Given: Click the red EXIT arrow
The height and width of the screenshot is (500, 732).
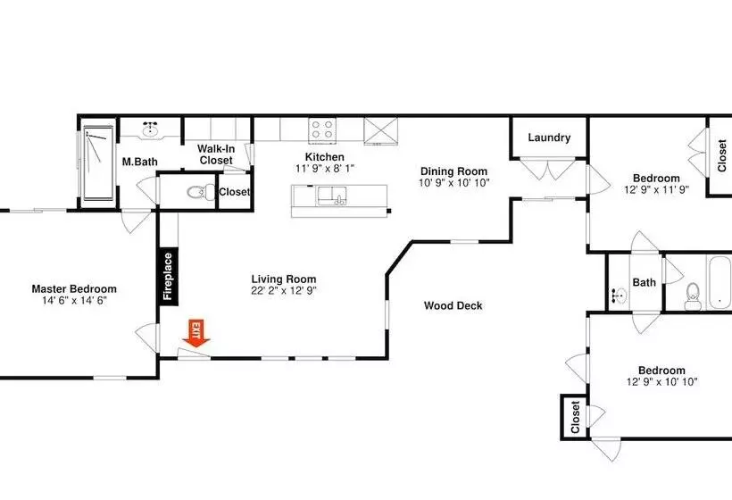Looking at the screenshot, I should coord(195,333).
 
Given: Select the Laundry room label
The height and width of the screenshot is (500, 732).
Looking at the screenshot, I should coord(549,137).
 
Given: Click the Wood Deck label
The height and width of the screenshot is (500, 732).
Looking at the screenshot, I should coord(453,306).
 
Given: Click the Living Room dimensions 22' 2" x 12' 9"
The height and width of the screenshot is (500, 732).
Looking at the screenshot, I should coord(284,291).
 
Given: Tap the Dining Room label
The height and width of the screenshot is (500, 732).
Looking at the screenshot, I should coord(454,171).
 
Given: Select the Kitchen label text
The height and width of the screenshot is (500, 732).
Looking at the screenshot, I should coord(324,155).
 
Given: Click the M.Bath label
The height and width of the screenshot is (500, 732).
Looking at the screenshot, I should coord(139,162).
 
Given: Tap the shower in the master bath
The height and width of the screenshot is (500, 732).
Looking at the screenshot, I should coord(97,165).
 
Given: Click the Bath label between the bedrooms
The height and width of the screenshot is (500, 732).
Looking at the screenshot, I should coord(644,282).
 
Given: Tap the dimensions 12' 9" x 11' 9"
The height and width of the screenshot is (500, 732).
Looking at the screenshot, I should coord(656,190).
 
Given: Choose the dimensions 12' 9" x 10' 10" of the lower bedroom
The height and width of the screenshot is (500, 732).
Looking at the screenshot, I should coord(661,382).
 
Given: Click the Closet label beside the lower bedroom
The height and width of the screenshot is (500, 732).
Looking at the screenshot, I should coord(575,416).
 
